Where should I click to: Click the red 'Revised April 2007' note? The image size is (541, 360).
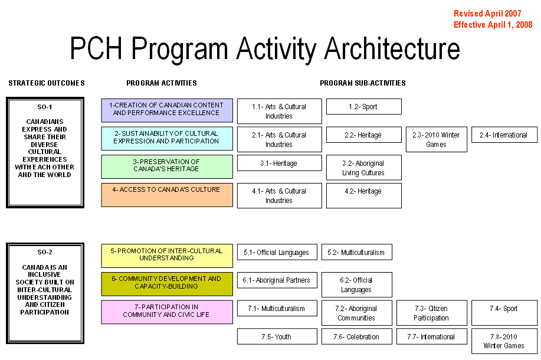[x=487, y=14]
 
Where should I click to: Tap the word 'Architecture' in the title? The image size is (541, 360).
[x=392, y=48]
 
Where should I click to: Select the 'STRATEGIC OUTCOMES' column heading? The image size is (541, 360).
[x=47, y=83]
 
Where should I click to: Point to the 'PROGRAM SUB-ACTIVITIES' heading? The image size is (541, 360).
[x=363, y=83]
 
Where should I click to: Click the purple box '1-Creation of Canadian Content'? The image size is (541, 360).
[x=167, y=110]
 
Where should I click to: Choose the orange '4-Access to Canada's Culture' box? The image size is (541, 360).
[x=167, y=195]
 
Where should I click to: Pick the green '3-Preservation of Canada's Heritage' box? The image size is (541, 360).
[x=167, y=166]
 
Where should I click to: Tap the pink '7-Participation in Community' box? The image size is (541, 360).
[x=167, y=312]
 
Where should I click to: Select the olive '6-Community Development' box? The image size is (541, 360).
[x=167, y=284]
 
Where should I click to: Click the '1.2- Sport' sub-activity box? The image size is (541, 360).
[x=364, y=107]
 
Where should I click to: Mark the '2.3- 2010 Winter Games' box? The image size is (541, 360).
[x=437, y=139]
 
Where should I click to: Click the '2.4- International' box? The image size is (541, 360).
[x=504, y=135]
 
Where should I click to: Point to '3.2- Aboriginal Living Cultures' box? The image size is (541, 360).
[x=364, y=168]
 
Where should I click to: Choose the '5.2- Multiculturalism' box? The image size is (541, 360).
[x=357, y=253]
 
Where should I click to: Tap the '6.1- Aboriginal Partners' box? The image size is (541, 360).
[x=277, y=280]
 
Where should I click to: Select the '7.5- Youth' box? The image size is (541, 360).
[x=277, y=336]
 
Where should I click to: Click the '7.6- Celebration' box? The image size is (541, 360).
[x=357, y=336]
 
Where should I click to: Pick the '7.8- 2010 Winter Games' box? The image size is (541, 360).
[x=504, y=341]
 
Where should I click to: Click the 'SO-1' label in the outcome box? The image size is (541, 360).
[x=45, y=107]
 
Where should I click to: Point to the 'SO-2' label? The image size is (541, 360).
[x=45, y=253]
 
